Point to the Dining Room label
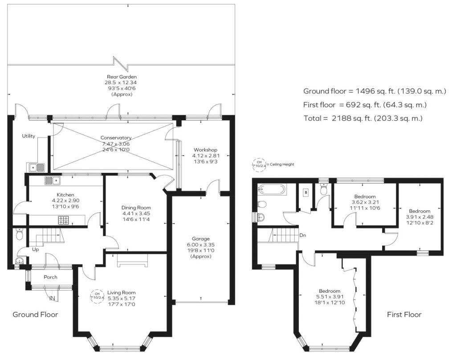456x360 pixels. [x=136, y=208]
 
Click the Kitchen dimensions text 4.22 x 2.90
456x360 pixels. [x=65, y=200]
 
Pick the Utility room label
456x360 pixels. [x=28, y=136]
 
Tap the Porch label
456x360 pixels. [x=50, y=277]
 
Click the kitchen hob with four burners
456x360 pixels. [x=64, y=220]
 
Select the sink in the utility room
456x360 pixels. [x=37, y=167]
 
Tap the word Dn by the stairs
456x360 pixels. [x=302, y=235]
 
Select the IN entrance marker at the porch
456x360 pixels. [x=52, y=298]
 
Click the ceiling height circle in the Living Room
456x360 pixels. [x=97, y=295]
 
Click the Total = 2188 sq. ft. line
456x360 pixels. [x=362, y=119]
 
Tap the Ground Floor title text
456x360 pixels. [x=35, y=315]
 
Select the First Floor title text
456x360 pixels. [x=403, y=315]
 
